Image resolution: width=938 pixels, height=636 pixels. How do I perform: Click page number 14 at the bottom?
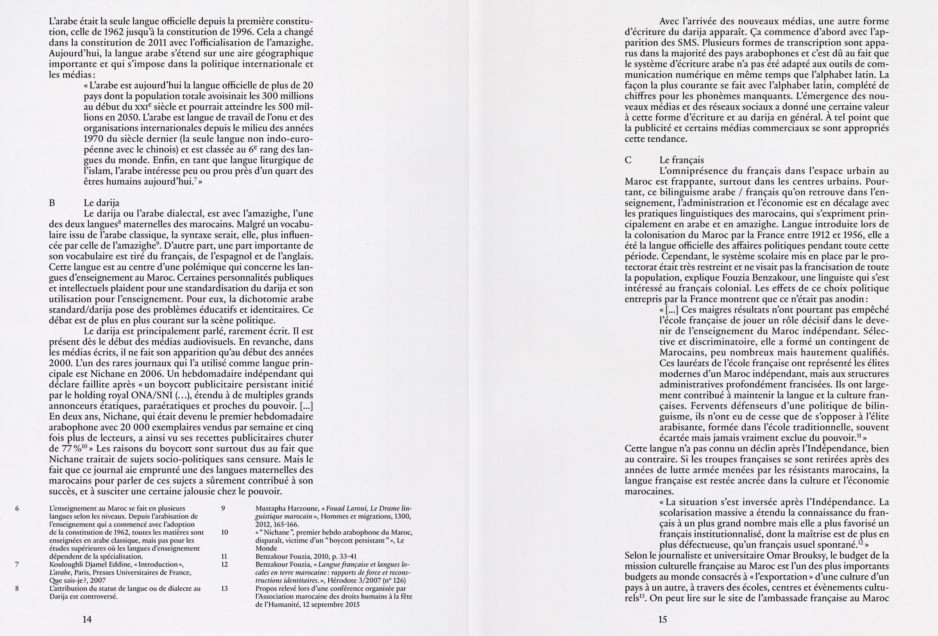click(x=87, y=619)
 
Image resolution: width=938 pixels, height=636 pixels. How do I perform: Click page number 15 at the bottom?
click(x=663, y=619)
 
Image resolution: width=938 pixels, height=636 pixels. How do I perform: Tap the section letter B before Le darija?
click(x=52, y=203)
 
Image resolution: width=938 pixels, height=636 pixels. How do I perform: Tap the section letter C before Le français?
click(x=628, y=160)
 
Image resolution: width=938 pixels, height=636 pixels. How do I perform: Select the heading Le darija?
click(x=101, y=203)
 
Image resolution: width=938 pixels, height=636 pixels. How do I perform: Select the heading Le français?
click(x=682, y=160)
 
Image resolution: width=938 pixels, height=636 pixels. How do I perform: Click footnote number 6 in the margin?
click(x=17, y=508)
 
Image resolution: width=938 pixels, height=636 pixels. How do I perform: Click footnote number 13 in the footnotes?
click(x=224, y=588)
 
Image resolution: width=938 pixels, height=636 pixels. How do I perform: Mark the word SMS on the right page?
click(x=682, y=43)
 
